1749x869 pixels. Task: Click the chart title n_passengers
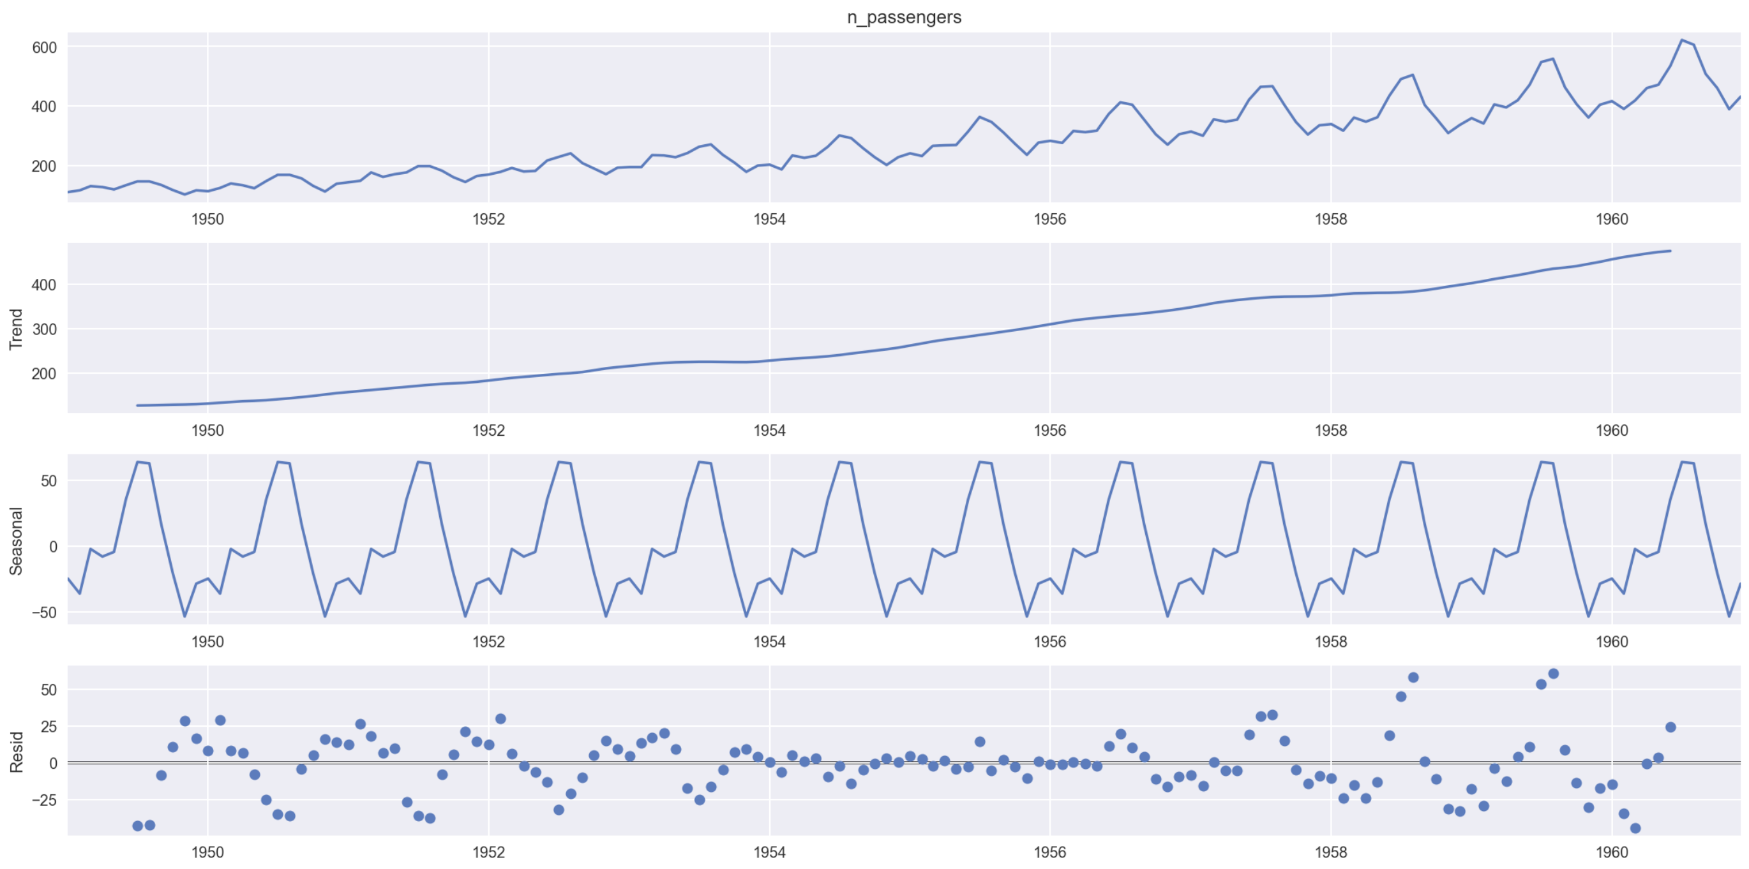coord(904,17)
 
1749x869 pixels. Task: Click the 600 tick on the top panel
coord(44,47)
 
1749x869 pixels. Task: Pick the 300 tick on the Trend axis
coord(44,329)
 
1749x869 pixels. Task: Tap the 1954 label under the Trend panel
coord(769,431)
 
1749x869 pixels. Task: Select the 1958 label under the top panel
coord(1331,219)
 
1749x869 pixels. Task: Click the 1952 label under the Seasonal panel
coord(488,642)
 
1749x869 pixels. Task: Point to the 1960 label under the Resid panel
coord(1611,852)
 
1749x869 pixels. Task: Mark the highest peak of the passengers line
coord(1682,40)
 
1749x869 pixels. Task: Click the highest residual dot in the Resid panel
coord(1553,674)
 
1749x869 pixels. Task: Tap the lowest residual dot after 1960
coord(1635,828)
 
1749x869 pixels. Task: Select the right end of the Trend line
coord(1670,251)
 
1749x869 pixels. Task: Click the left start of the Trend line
coord(138,405)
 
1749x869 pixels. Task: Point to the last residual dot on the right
coord(1670,727)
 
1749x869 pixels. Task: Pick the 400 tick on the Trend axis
coord(44,285)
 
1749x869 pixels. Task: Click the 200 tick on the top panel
coord(44,167)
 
